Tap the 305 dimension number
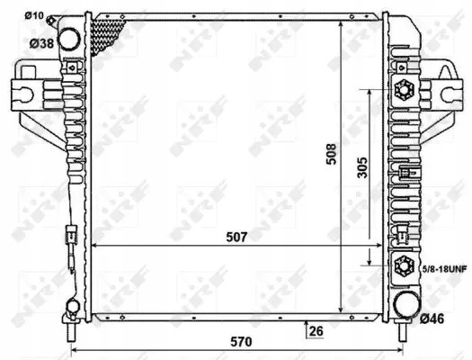coord(362,169)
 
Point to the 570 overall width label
coord(237,343)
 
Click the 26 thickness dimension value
coord(316,330)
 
